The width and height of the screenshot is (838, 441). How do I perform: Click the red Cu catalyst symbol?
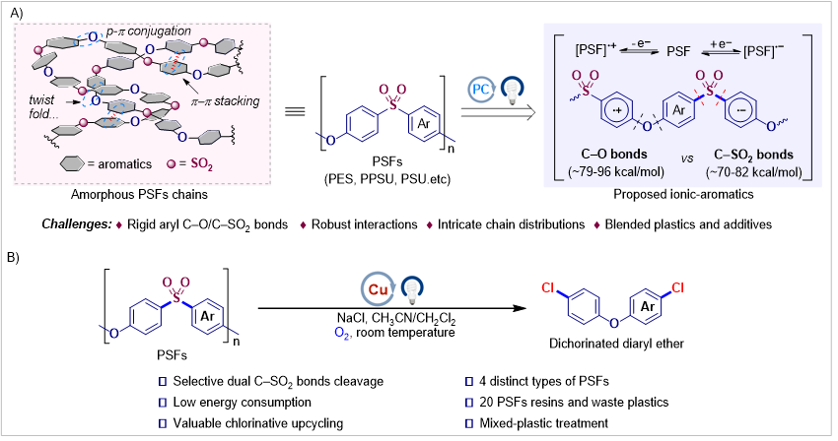378,289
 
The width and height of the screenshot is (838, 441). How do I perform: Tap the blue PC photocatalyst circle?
480,90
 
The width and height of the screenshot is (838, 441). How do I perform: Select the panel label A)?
16,13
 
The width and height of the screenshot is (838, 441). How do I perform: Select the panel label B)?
13,257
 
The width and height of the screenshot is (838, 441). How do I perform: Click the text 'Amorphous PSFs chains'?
139,194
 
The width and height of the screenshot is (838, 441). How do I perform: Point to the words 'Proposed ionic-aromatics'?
683,194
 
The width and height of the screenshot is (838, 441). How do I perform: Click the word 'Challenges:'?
77,224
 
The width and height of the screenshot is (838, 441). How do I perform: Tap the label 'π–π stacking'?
225,101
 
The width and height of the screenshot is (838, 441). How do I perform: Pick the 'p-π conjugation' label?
148,31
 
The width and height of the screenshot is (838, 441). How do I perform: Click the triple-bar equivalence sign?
295,111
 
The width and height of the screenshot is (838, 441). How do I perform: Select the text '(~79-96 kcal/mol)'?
615,172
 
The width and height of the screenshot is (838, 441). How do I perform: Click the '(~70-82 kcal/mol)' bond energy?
753,172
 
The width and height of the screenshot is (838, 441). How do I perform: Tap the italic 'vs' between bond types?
687,159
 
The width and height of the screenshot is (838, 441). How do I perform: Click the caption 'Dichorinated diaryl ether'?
617,344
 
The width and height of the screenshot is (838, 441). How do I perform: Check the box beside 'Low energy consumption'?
163,403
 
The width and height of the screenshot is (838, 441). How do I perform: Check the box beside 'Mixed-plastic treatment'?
469,423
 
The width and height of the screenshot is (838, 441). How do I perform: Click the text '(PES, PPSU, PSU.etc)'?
387,179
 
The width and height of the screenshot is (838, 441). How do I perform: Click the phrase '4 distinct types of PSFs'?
544,381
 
